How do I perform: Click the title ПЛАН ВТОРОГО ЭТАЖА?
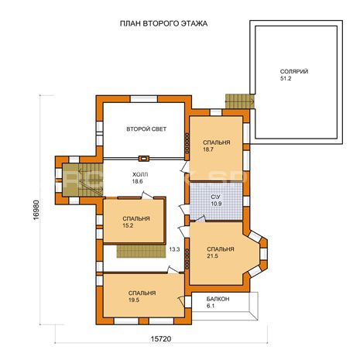163,24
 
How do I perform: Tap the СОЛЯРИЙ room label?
294,71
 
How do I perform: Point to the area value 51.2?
286,78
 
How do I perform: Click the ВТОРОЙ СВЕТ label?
146,129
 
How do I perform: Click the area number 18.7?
208,149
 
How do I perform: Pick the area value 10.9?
216,204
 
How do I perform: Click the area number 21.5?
212,256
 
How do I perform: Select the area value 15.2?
128,225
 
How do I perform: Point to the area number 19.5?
134,300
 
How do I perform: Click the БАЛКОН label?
218,300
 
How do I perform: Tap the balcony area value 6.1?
211,306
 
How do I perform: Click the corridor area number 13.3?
174,249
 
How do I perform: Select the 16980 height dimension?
36,210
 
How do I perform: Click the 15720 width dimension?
161,339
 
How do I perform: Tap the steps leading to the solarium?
240,101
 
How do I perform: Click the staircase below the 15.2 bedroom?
141,252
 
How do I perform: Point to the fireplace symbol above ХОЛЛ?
144,158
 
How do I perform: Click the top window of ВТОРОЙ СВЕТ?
144,99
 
